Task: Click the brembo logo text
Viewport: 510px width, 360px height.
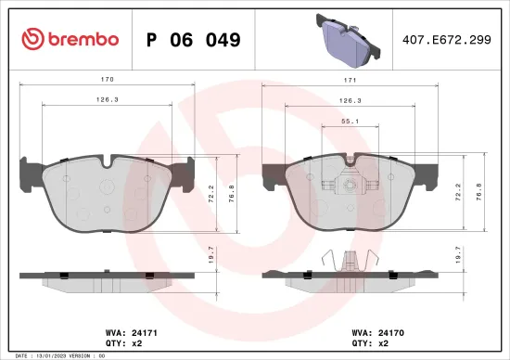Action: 83,40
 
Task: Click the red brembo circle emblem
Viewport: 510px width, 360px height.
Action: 32,40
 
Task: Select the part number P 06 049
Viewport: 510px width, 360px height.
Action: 194,40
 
